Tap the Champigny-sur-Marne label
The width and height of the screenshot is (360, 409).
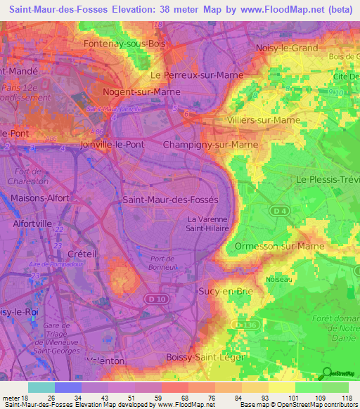click(x=210, y=145)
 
